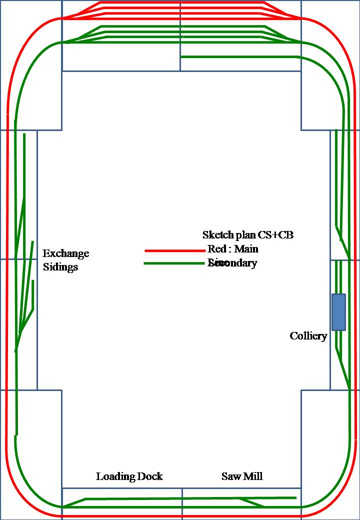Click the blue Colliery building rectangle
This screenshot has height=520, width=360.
tap(338, 312)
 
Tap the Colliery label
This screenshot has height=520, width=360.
tap(308, 336)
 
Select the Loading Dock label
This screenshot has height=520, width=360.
tap(129, 476)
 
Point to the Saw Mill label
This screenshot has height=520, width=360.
tap(242, 476)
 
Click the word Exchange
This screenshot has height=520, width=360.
tap(65, 253)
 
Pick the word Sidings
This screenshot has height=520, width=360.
tap(60, 267)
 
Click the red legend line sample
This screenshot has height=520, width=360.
tap(175, 250)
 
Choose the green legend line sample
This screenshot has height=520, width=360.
tap(175, 263)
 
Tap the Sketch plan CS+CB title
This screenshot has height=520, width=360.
tap(247, 235)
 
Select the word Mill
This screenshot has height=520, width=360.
tap(253, 476)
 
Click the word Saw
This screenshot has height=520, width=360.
tap(230, 476)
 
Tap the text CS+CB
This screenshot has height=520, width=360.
tap(275, 235)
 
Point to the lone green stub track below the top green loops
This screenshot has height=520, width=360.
tap(240, 56)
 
